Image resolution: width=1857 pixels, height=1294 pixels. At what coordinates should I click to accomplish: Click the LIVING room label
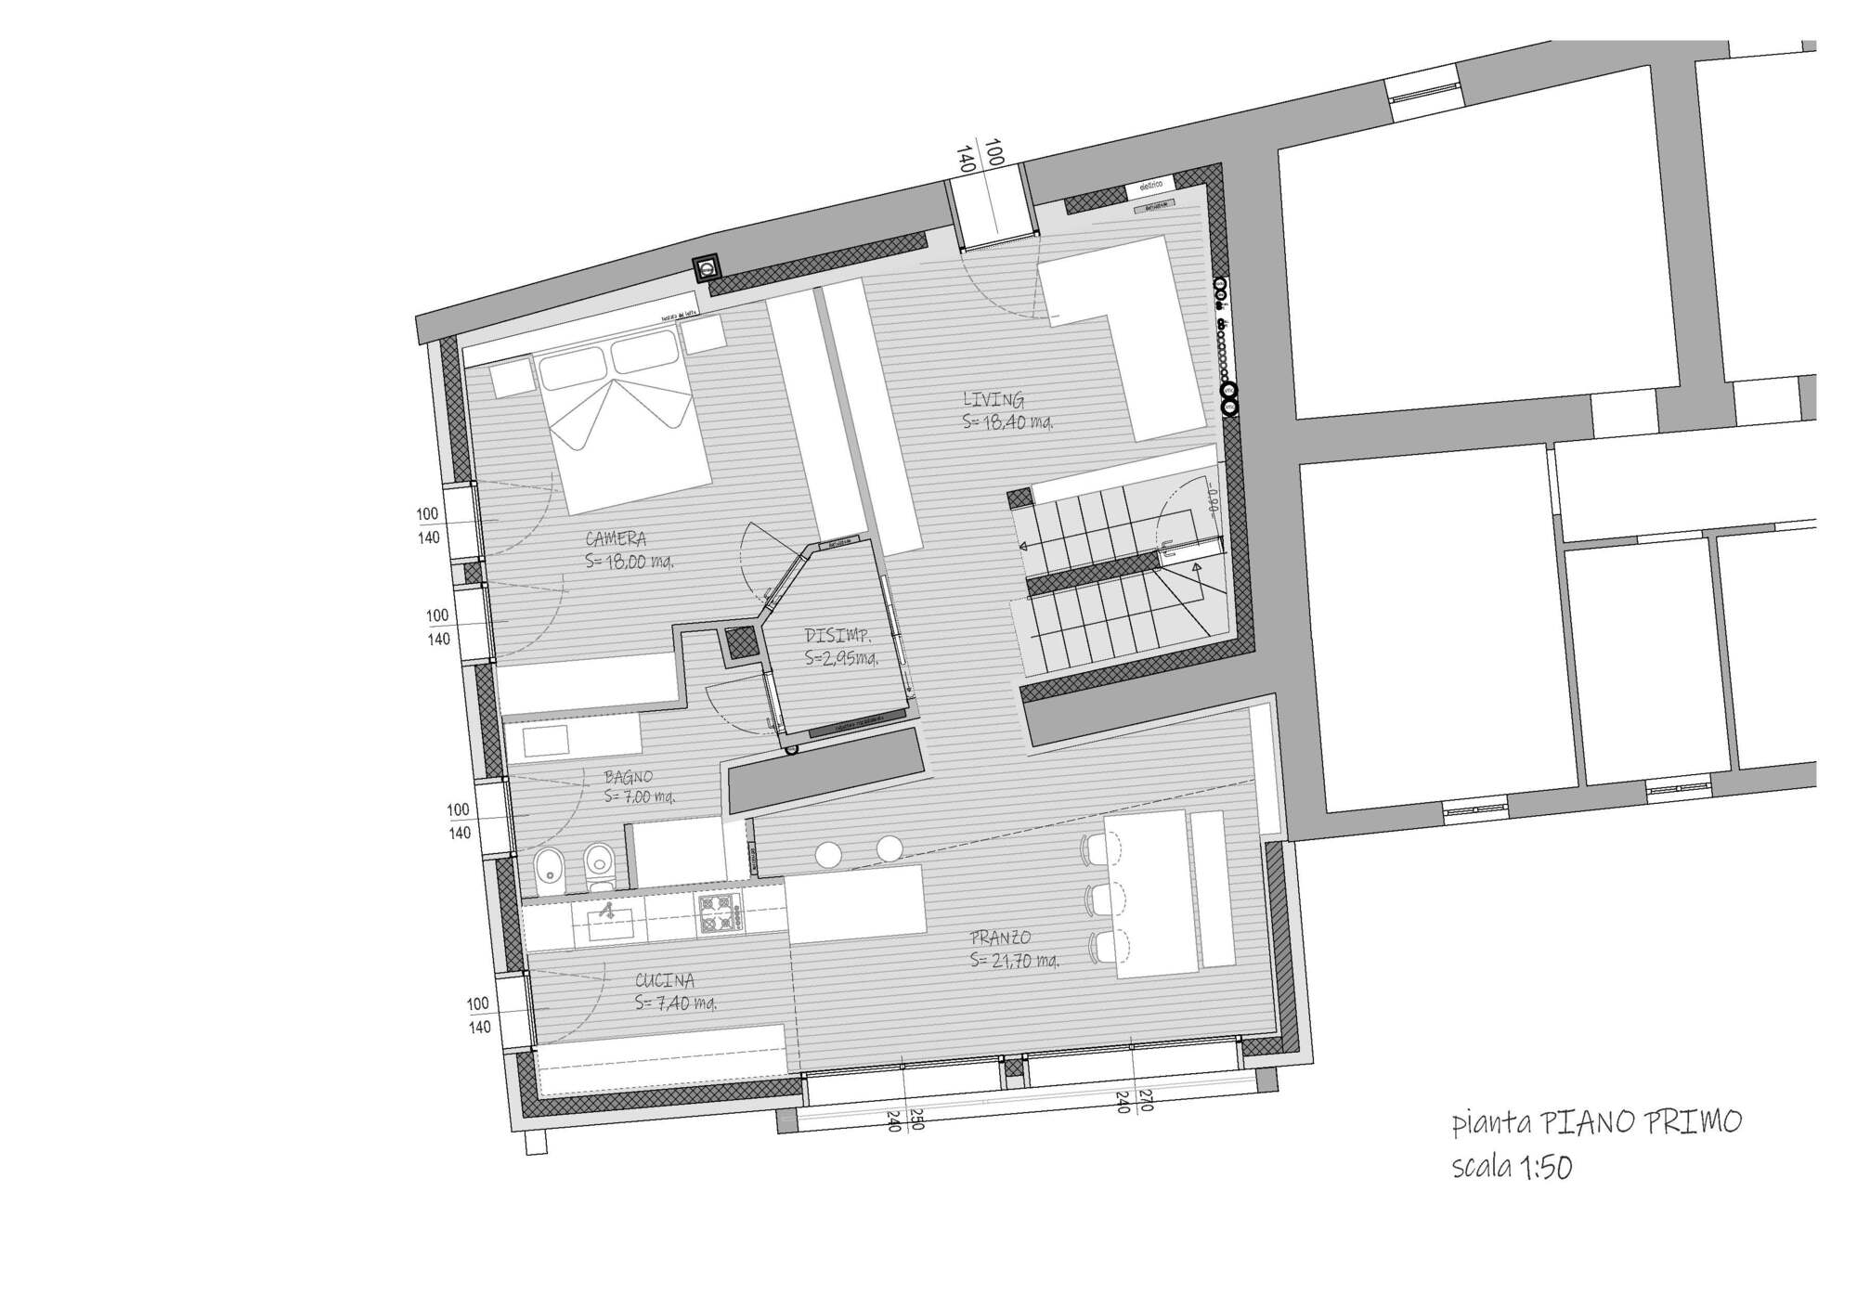(x=993, y=400)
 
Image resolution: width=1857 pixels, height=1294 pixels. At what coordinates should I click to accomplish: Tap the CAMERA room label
(x=616, y=538)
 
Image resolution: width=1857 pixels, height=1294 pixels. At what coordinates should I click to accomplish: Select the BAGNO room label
(x=629, y=777)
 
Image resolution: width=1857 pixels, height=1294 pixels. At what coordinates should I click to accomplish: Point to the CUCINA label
(x=665, y=980)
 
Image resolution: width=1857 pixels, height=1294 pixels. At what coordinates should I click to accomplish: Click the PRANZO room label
(x=1001, y=938)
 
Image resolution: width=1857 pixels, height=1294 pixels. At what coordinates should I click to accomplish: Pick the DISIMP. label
(x=837, y=637)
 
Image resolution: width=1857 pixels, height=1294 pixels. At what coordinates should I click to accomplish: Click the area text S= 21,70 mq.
(x=1014, y=961)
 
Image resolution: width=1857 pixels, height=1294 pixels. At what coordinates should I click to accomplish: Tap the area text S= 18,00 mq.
(x=629, y=561)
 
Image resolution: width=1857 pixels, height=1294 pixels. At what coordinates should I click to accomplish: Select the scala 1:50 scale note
(x=1512, y=1167)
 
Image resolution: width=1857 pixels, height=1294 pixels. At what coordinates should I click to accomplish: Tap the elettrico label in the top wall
(x=1150, y=187)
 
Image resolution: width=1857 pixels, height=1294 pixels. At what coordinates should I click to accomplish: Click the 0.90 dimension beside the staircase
(x=1211, y=500)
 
